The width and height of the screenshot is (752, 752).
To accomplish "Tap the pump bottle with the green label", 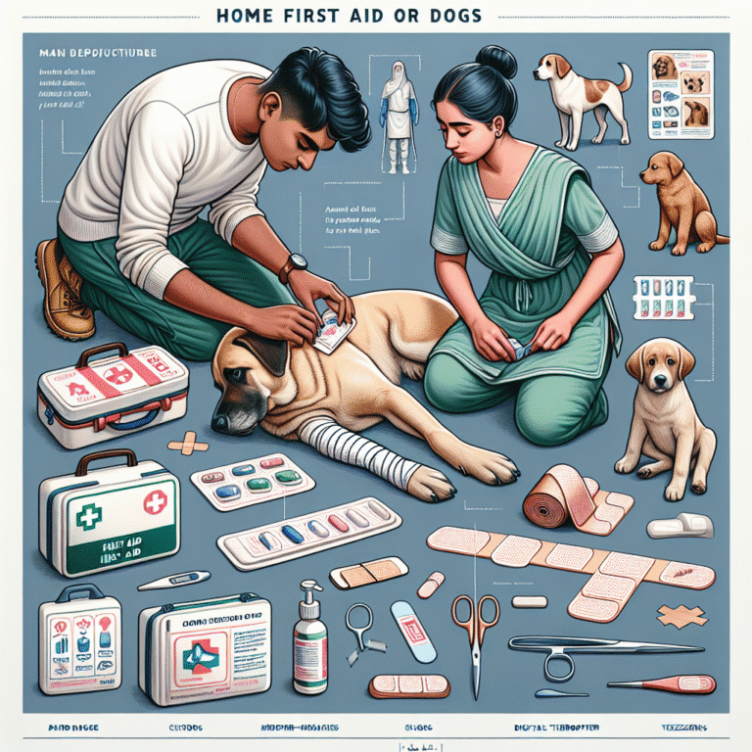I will click(x=311, y=636).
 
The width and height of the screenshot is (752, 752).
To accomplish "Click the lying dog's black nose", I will click(x=220, y=421).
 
